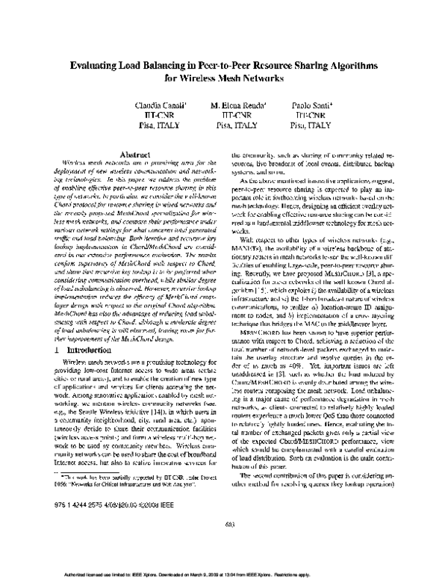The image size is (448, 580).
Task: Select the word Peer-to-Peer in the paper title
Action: tap(217, 66)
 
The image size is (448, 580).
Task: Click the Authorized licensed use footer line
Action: tap(224, 573)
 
